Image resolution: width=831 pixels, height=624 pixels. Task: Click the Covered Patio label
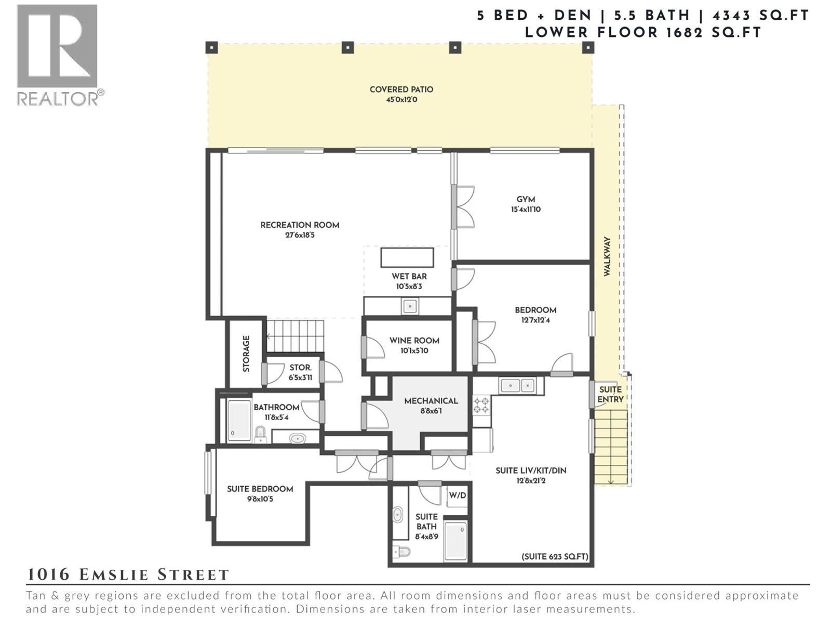[401, 89]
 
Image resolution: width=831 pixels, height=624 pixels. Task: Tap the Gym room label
[526, 199]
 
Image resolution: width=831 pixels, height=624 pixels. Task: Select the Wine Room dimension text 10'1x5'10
[414, 351]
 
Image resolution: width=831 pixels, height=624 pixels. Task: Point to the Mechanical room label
[431, 401]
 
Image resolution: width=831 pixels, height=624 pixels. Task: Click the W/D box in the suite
[457, 496]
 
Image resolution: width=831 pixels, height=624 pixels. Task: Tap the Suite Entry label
[610, 394]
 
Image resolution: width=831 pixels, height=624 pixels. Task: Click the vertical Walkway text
[607, 256]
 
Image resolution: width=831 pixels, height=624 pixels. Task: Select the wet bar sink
[410, 306]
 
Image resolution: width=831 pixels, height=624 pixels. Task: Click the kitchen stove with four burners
[481, 406]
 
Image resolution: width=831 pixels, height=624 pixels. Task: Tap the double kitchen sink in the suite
[518, 386]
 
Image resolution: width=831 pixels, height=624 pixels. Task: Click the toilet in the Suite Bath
[401, 551]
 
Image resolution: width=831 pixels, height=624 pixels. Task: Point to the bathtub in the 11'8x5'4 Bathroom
[239, 420]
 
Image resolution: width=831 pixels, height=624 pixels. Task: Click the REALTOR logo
[58, 55]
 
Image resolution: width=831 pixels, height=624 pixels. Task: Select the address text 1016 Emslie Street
[128, 575]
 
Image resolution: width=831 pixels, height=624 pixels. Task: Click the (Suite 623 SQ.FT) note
[555, 556]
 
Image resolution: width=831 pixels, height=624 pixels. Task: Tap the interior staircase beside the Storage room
[294, 336]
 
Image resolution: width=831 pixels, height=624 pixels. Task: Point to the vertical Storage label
[246, 354]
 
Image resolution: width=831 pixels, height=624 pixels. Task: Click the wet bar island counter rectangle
[407, 257]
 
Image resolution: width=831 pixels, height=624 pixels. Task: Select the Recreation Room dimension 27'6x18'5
[300, 235]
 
